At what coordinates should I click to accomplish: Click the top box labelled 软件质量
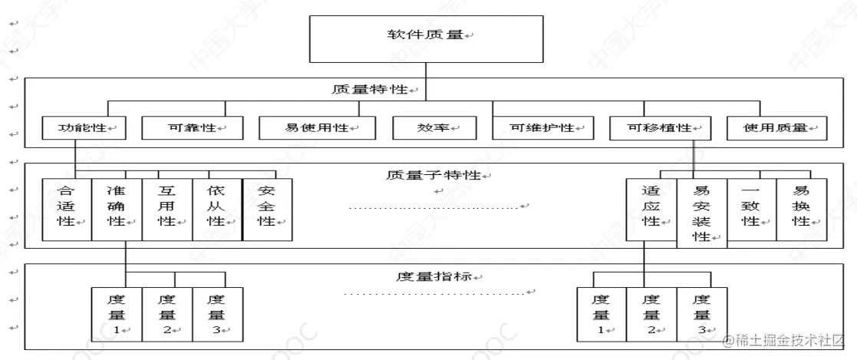424,37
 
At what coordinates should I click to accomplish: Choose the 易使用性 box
317,127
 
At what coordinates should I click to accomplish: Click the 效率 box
434,127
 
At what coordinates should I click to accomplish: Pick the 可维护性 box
542,127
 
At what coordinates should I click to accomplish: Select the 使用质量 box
776,127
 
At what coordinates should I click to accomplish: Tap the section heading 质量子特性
433,175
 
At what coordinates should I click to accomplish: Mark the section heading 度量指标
433,275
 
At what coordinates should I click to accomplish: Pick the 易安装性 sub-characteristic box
701,213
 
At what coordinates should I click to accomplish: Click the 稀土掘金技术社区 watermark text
789,339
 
